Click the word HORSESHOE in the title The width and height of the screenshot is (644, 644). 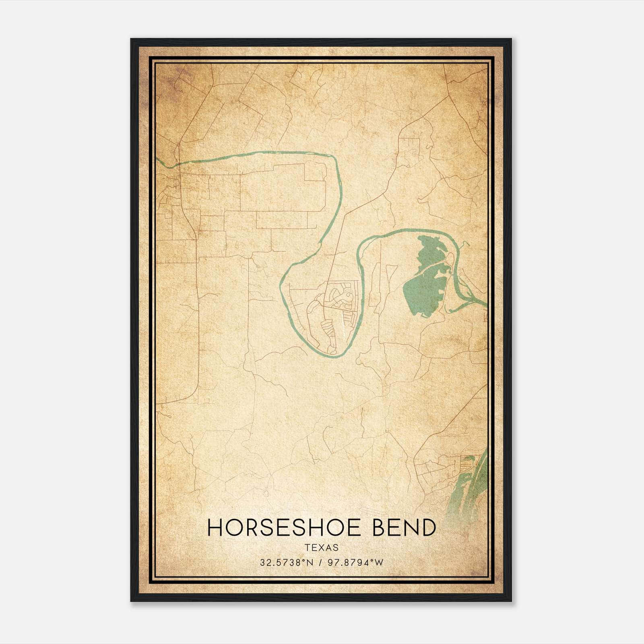(x=287, y=528)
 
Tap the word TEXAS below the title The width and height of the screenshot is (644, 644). (x=322, y=547)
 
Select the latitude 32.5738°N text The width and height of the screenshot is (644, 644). (x=286, y=563)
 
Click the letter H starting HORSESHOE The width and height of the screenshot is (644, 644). (x=214, y=528)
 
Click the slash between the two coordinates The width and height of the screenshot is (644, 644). (x=320, y=563)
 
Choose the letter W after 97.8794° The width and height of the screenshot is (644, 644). (x=379, y=563)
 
